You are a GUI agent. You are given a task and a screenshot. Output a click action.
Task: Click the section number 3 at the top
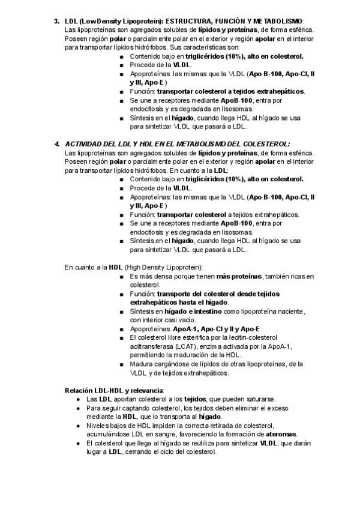(56, 21)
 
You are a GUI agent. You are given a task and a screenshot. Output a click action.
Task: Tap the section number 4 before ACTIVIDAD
(56, 144)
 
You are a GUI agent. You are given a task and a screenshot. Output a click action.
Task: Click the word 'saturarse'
(259, 399)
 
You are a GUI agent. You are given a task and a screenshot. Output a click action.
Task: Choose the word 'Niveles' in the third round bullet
(97, 425)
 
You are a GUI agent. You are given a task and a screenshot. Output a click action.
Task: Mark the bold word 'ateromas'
(280, 433)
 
